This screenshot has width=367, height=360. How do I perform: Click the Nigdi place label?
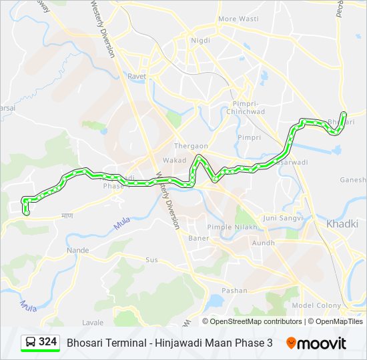click(200, 40)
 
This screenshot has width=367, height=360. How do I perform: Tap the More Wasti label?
click(238, 19)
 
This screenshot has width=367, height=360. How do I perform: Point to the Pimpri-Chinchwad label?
click(249, 107)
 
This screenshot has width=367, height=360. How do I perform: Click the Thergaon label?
click(191, 146)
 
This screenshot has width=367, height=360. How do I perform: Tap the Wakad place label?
click(175, 161)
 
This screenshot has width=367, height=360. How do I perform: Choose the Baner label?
click(199, 237)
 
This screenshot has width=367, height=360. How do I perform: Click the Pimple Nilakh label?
click(228, 227)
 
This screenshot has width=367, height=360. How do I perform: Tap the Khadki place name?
click(342, 224)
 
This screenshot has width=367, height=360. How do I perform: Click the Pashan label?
click(234, 291)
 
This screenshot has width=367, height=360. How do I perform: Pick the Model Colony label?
click(312, 305)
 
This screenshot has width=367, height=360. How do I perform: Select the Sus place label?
click(152, 259)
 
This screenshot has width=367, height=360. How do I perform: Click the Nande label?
click(77, 250)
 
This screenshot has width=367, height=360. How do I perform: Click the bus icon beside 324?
click(31, 343)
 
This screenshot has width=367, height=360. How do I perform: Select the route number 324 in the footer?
click(47, 342)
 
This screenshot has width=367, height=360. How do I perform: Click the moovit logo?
click(316, 343)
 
